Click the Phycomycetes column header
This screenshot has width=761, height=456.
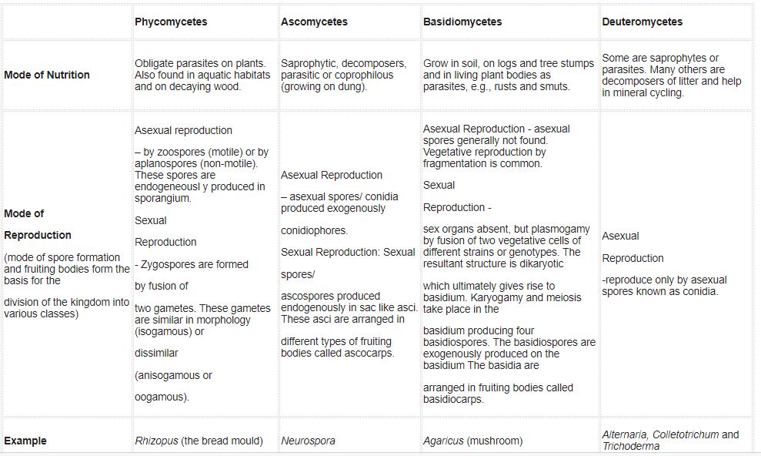pos(171,22)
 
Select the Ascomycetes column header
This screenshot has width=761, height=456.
pos(314,22)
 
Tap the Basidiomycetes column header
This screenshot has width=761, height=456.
pos(462,22)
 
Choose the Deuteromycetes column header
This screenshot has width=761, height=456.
pos(642,22)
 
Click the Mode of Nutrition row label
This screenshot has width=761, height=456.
pos(47,75)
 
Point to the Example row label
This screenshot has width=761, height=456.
pos(25,441)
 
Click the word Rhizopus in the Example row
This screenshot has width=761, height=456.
pos(156,441)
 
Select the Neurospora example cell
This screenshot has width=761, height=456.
pos(308,441)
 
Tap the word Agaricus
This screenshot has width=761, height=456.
pos(443,441)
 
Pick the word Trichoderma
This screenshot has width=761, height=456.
pos(630,446)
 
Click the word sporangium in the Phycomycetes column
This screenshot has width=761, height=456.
pos(162,198)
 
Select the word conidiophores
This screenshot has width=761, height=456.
pos(314,230)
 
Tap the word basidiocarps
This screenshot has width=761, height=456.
pos(453,400)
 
